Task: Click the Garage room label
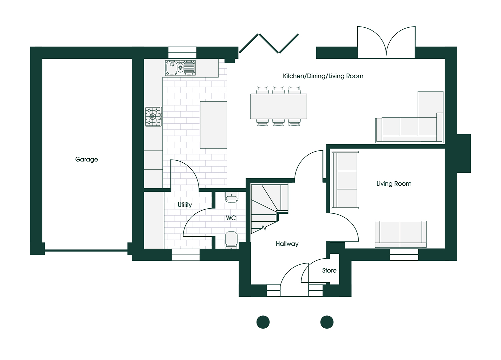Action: tap(86, 160)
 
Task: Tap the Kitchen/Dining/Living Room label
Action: tap(323, 76)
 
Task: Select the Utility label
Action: tap(185, 205)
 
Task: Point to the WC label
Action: tap(231, 218)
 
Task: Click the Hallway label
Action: tap(287, 244)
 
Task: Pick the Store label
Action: tap(329, 270)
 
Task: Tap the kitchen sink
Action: tap(180, 68)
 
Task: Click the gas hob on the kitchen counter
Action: tap(153, 117)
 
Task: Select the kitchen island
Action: tap(213, 125)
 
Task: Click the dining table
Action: tap(279, 106)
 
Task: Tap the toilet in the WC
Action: tap(231, 240)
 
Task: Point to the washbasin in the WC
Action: tap(232, 197)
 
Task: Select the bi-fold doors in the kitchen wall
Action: tap(269, 44)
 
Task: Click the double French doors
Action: tap(386, 42)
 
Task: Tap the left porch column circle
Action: tap(263, 322)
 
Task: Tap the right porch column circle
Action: tap(327, 322)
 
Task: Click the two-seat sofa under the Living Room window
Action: tap(401, 234)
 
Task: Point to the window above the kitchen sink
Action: tap(182, 53)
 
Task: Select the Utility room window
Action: tap(186, 255)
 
